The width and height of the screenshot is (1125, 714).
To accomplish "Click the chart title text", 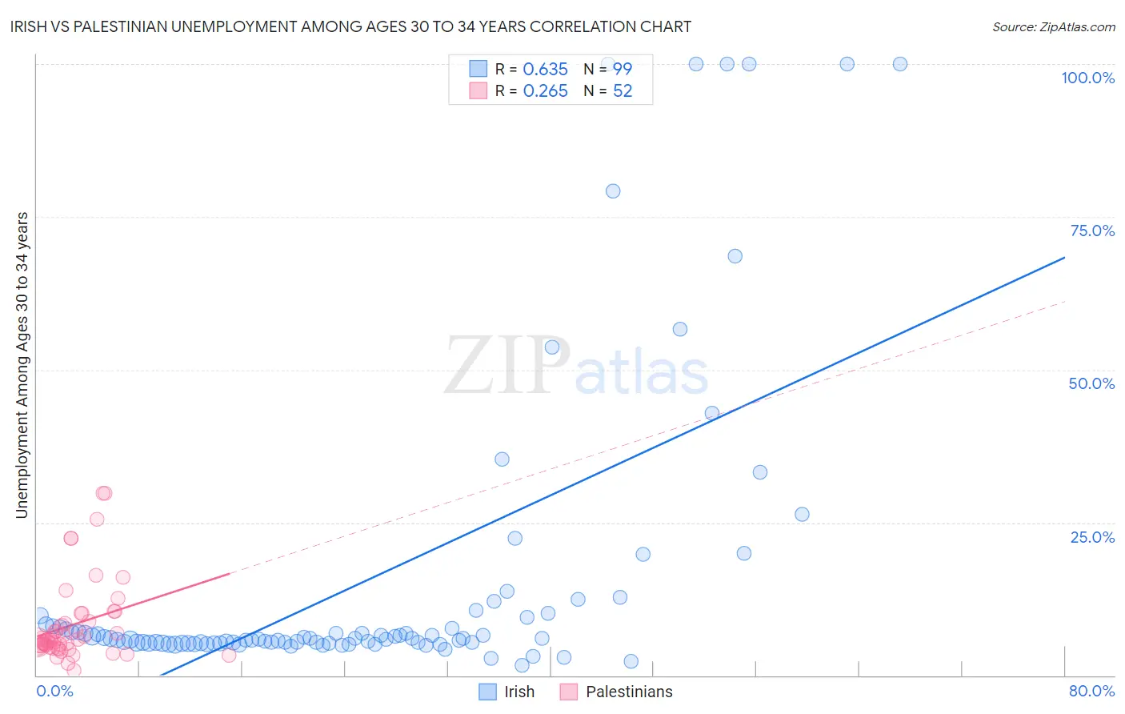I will [x=350, y=26].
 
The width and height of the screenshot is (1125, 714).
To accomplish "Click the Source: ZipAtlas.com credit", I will [x=1053, y=26].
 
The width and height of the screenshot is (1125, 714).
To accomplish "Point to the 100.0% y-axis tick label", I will [x=1087, y=78].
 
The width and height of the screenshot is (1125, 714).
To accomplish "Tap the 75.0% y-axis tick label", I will [x=1092, y=231].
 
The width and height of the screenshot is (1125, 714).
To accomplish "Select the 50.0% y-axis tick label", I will [x=1091, y=383].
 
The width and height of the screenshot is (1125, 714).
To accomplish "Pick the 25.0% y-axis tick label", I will [x=1092, y=537].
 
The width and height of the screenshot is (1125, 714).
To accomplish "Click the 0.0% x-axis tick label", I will [x=54, y=691].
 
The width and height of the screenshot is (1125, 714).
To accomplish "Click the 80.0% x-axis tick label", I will [x=1091, y=691].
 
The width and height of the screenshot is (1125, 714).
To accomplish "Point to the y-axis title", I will [x=22, y=365].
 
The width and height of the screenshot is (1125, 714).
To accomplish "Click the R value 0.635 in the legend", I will [x=545, y=70].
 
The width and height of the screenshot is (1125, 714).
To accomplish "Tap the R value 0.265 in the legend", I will [x=545, y=91].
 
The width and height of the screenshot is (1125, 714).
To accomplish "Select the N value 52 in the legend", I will [x=623, y=91].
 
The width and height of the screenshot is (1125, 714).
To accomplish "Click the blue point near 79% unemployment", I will [x=613, y=191].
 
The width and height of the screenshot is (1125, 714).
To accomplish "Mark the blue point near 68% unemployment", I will [x=735, y=256].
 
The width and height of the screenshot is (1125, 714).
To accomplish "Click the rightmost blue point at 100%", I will [x=900, y=64].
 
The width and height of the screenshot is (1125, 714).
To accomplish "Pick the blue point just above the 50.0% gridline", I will [x=680, y=329].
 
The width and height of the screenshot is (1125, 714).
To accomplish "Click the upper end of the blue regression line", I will [x=1064, y=258].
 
